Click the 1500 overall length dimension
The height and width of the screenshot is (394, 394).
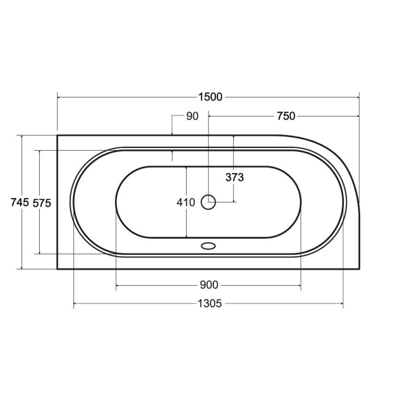[x=210, y=97]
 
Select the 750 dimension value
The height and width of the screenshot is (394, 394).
[x=286, y=116]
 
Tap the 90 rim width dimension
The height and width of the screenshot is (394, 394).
[x=192, y=116]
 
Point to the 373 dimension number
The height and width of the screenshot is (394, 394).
[x=235, y=177]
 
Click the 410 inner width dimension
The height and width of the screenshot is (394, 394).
[x=186, y=202]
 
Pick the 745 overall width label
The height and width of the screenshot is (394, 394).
[x=20, y=202]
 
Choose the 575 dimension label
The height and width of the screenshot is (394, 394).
[x=42, y=203]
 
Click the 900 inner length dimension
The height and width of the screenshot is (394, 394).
[x=209, y=285]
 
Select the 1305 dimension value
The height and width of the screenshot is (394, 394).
[x=210, y=304]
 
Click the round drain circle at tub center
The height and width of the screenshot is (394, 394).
[x=208, y=202]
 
